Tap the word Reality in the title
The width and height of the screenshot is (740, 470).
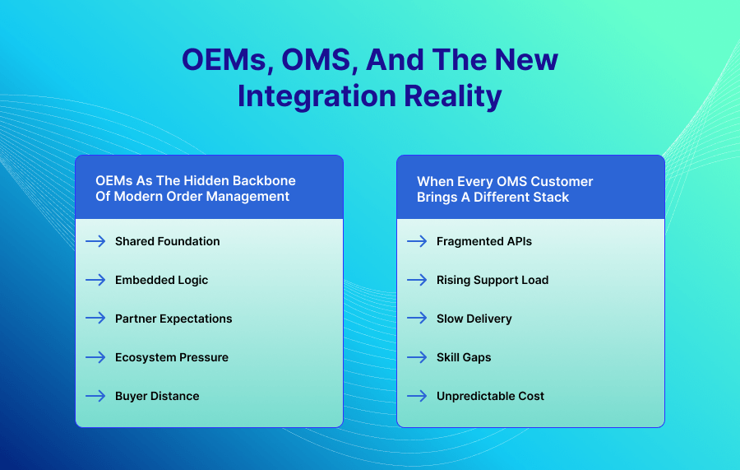point(451,96)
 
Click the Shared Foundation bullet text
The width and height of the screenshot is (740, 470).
point(167,241)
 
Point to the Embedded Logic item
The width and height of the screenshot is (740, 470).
point(161,280)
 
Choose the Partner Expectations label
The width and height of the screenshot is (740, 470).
point(173,319)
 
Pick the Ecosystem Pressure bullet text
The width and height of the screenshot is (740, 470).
point(172,357)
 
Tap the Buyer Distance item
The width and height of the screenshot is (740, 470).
point(157,396)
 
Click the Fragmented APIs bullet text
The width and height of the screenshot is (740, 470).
point(484,241)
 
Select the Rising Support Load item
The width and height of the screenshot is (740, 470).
point(493,280)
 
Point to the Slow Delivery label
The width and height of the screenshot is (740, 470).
point(474,319)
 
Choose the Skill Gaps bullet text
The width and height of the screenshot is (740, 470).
point(464,357)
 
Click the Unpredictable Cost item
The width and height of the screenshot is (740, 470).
point(490,396)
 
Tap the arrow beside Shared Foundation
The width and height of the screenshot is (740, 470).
point(95,241)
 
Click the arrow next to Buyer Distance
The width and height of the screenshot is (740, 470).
point(95,396)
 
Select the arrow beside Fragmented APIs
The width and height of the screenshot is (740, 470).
point(417,241)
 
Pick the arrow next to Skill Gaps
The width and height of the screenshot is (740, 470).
point(417,357)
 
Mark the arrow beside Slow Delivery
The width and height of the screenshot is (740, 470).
point(417,319)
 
